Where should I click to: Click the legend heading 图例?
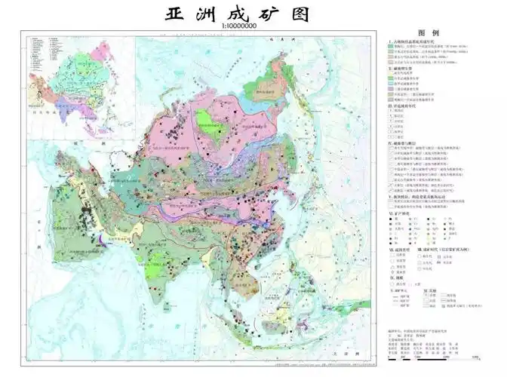pos(438,33)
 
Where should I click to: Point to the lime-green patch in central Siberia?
pos(202,120)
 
